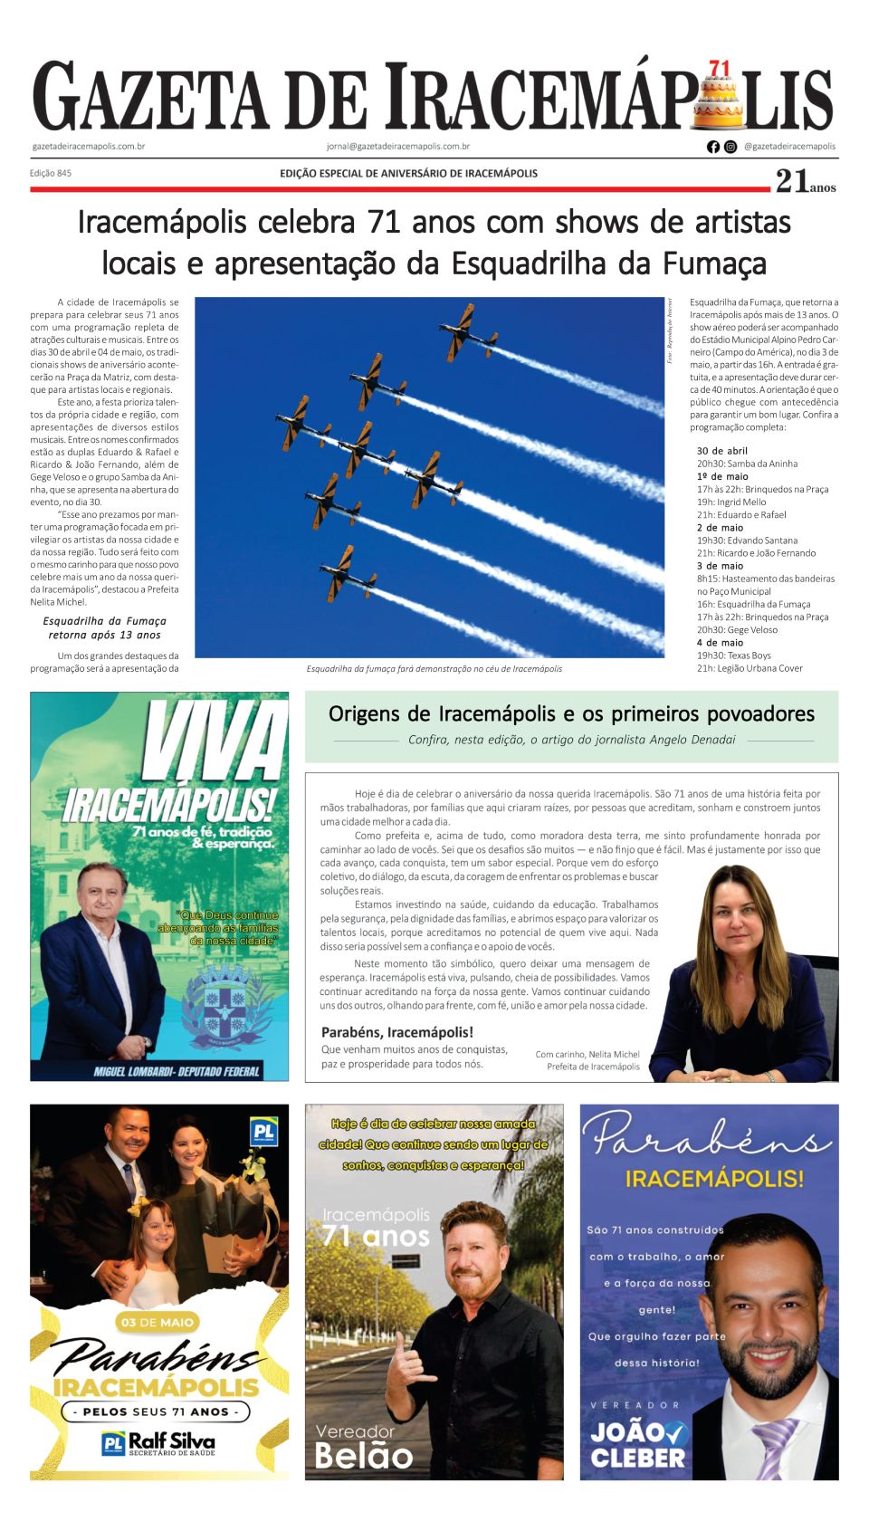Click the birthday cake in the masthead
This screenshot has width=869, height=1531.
719,100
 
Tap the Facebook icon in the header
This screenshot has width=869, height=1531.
713,147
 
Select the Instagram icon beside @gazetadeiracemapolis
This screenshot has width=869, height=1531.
731,147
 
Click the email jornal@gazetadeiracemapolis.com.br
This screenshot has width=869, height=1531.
398,146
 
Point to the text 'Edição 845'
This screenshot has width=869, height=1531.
51,173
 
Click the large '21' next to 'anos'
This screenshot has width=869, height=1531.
791,182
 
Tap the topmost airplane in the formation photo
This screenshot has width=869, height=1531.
467,330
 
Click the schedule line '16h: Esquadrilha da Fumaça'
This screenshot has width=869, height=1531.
753,604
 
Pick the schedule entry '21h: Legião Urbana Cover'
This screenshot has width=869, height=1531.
750,668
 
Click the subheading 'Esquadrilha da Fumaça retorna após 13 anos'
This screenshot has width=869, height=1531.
104,627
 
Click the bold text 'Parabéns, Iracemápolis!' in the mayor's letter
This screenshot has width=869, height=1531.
397,1031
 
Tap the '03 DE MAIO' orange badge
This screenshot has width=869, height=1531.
158,1322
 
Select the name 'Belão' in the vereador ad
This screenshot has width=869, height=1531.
363,1455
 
